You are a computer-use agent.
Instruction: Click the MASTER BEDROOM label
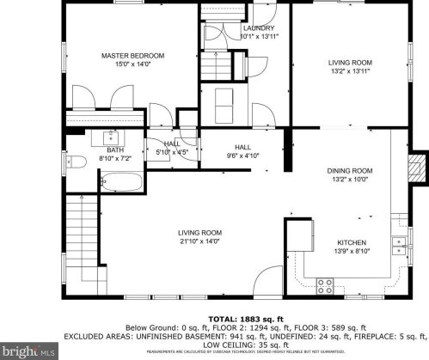pos(132,56)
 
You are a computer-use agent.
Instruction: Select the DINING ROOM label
pos(349,171)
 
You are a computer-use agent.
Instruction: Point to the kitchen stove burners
pos(326,283)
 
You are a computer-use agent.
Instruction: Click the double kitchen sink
pos(398,247)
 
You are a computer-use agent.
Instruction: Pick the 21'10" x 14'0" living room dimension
pos(199,242)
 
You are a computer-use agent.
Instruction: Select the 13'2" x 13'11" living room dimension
pos(349,72)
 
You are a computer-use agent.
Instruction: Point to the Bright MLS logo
pos(30,350)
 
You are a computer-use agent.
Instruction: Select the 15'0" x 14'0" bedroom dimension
pos(132,64)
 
